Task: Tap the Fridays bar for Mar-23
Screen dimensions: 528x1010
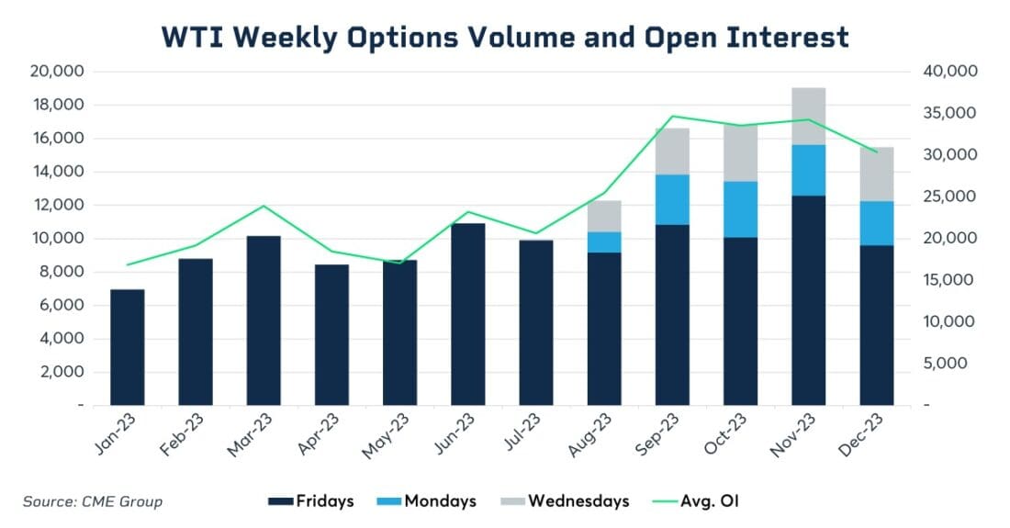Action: coord(264,320)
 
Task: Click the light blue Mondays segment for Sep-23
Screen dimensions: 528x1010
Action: coord(672,199)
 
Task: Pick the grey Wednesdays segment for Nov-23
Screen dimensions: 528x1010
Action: coord(808,116)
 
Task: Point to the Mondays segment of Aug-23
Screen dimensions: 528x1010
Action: coord(604,242)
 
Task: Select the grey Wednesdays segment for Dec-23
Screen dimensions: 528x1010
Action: coord(876,174)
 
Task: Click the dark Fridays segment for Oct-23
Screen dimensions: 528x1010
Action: coord(740,320)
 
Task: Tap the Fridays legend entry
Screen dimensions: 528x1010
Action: coord(307,501)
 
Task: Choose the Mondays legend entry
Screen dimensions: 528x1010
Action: coord(427,501)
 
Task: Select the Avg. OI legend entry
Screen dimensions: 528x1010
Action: coord(697,501)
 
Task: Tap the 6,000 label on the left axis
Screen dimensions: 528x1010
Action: coord(63,305)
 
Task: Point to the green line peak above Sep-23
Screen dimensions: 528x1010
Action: coord(672,117)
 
